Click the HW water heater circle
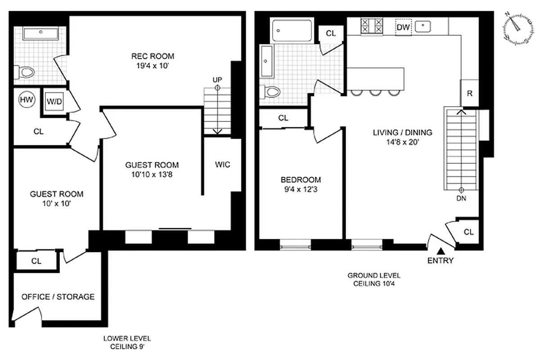pos(27,100)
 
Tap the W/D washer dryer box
pos(54,101)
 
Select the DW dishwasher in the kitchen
pos(403,27)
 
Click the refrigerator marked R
pos(469,94)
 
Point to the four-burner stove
pos(372,26)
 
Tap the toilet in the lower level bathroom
pos(25,72)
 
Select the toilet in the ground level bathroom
pos(271,92)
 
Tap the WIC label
pos(222,165)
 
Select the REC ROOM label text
pos(153,56)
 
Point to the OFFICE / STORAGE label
pos(58,297)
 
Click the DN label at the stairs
pos(461,198)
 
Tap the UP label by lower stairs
pos(217,80)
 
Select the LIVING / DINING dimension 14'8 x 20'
pos(402,142)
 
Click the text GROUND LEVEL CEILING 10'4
pos(374,279)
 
